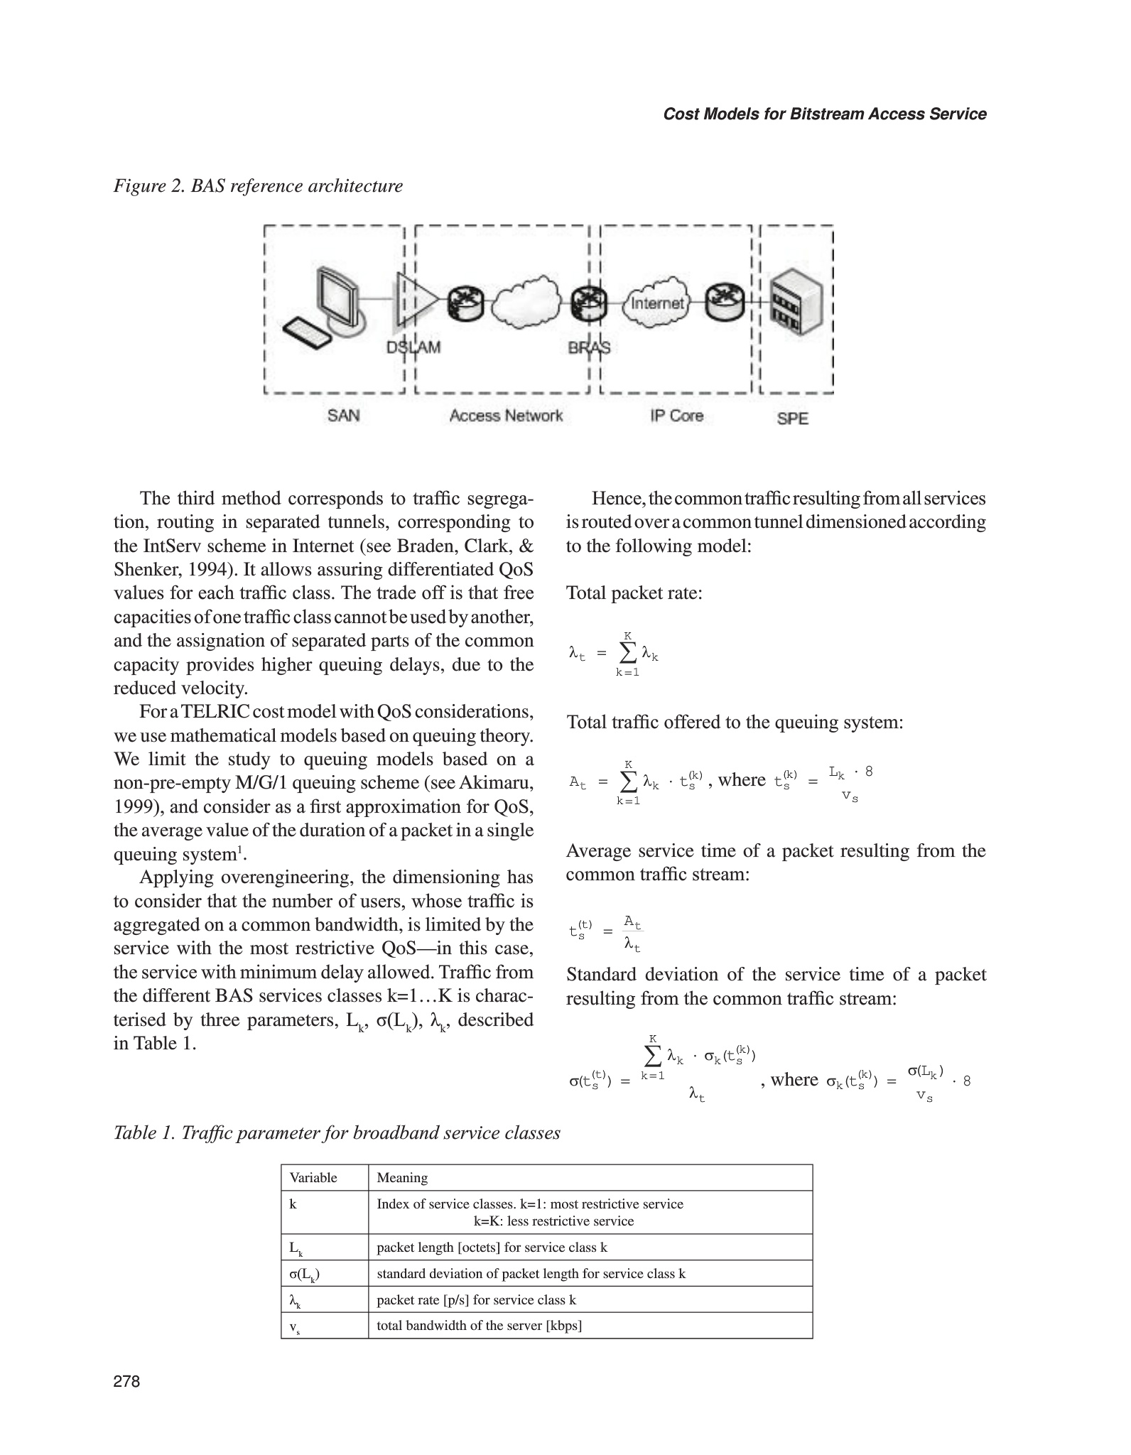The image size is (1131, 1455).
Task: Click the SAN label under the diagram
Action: (x=344, y=415)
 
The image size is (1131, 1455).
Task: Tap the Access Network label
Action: (x=506, y=416)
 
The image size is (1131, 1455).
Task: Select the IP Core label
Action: (x=676, y=416)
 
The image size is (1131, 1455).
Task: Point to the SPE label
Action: (x=792, y=418)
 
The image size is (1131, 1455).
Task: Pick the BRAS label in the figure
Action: (x=589, y=347)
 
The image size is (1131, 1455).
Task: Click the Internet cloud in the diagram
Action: (x=657, y=303)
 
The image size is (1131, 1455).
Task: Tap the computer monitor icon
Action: (x=340, y=294)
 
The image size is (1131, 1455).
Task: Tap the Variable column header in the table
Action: (x=313, y=1178)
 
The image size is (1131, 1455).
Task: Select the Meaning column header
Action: (x=402, y=1178)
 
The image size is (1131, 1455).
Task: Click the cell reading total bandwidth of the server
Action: (x=480, y=1325)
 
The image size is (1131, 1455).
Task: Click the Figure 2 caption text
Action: (x=258, y=186)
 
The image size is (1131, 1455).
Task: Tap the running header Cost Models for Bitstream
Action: (x=824, y=114)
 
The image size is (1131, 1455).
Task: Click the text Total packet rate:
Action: (x=634, y=593)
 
